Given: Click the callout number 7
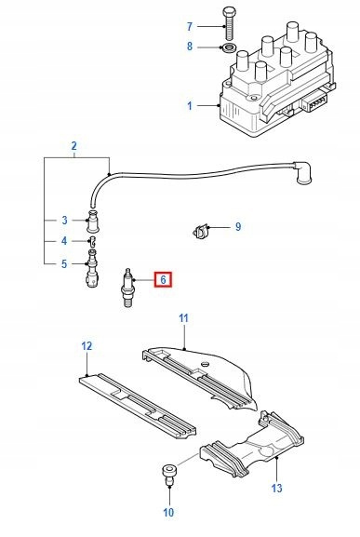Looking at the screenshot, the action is click(190, 26).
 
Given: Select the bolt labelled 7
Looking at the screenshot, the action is click(229, 23).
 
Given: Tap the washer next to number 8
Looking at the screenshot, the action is click(229, 47).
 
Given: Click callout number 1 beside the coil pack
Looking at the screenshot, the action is click(190, 106).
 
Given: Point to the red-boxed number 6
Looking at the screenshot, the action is click(163, 280).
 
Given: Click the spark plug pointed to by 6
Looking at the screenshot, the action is click(128, 288).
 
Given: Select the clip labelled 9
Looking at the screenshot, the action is click(200, 231).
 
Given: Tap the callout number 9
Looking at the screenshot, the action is click(238, 227).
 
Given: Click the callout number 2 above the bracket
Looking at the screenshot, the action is click(74, 146).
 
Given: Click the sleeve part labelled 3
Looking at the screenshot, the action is click(93, 222).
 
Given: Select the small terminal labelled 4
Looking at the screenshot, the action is click(92, 241).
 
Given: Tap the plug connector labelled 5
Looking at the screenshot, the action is click(92, 269).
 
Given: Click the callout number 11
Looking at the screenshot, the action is click(184, 318).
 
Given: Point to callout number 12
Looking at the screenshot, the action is click(87, 346).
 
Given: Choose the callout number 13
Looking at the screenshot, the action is click(276, 488).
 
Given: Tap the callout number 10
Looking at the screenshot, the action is click(168, 513).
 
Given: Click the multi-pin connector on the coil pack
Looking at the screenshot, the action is click(314, 101).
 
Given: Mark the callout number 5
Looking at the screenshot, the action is click(64, 264).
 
